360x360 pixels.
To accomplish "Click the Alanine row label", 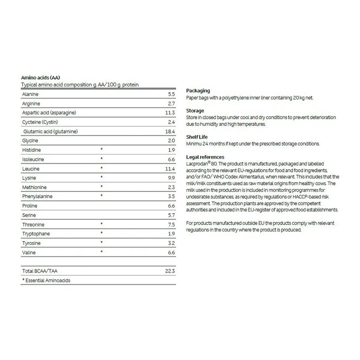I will pos(30,94).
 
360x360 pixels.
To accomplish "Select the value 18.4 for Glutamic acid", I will pos(170,131).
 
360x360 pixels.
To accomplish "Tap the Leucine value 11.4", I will pos(170,168).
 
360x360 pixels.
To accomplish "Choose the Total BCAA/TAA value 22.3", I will pos(170,270).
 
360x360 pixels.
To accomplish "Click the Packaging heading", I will pos(198,90).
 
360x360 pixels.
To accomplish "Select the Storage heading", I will pos(195,110).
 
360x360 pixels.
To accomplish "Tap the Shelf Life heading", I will pos(196,136).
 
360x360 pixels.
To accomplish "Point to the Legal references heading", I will pos(205,156).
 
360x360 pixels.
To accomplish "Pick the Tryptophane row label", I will pos(35,233).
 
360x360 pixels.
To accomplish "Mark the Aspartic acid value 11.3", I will pos(170,112).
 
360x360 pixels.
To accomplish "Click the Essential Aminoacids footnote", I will pos(46,280).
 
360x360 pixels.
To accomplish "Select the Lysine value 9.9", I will pos(170,177).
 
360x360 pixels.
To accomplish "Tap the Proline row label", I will pos(29,205).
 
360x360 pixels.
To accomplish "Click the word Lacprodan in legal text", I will pos(197,163).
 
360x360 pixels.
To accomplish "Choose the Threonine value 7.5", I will pos(170,224).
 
